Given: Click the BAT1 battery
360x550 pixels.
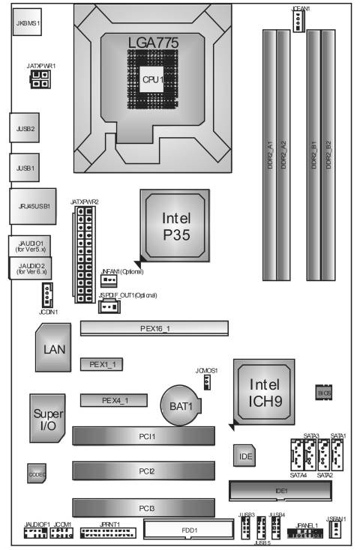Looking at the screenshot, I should [x=181, y=407].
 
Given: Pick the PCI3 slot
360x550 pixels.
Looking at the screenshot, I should [x=143, y=509].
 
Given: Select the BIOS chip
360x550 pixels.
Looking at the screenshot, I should [x=324, y=393].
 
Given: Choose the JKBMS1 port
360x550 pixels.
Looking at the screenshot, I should [x=28, y=24].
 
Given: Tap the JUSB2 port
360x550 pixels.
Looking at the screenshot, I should [x=25, y=128].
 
